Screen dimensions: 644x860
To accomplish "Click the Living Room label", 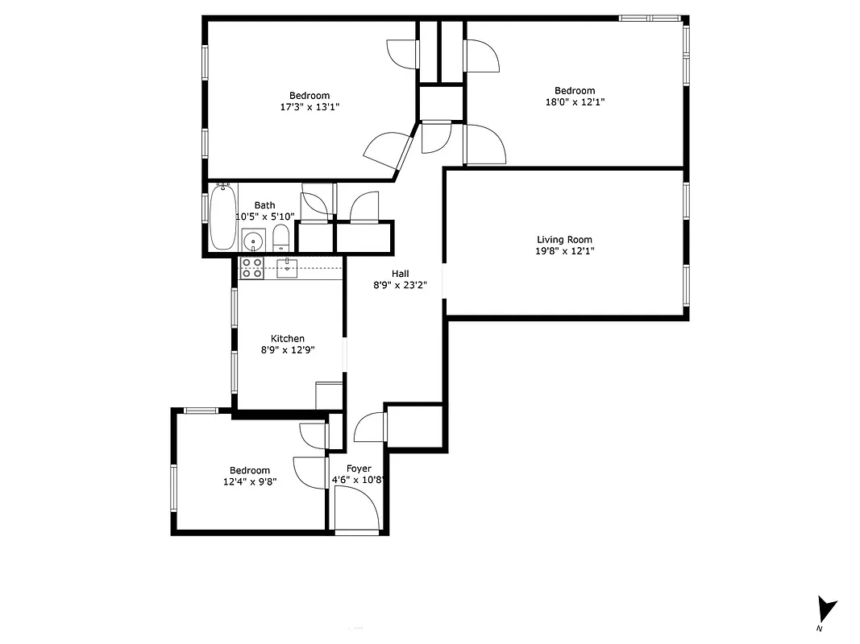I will (564, 239).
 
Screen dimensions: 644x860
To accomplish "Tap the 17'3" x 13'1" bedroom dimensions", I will (310, 107).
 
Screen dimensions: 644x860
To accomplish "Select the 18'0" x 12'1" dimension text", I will (575, 102).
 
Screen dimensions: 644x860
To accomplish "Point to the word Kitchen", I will (288, 339).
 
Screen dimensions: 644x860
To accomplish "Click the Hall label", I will (401, 274).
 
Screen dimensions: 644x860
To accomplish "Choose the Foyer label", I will (359, 469).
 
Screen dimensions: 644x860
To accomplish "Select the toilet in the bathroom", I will (280, 237).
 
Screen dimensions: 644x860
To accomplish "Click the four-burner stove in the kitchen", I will (252, 268).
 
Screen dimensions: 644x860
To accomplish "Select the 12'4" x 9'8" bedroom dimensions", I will (250, 482).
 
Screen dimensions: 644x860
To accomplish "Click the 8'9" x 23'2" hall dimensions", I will (400, 285).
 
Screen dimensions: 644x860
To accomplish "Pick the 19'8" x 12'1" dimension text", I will (564, 251).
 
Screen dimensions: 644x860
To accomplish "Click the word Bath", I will (264, 205).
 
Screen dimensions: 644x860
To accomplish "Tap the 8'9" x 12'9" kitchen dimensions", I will (288, 350).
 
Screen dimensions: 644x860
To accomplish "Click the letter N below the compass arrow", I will (819, 628).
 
